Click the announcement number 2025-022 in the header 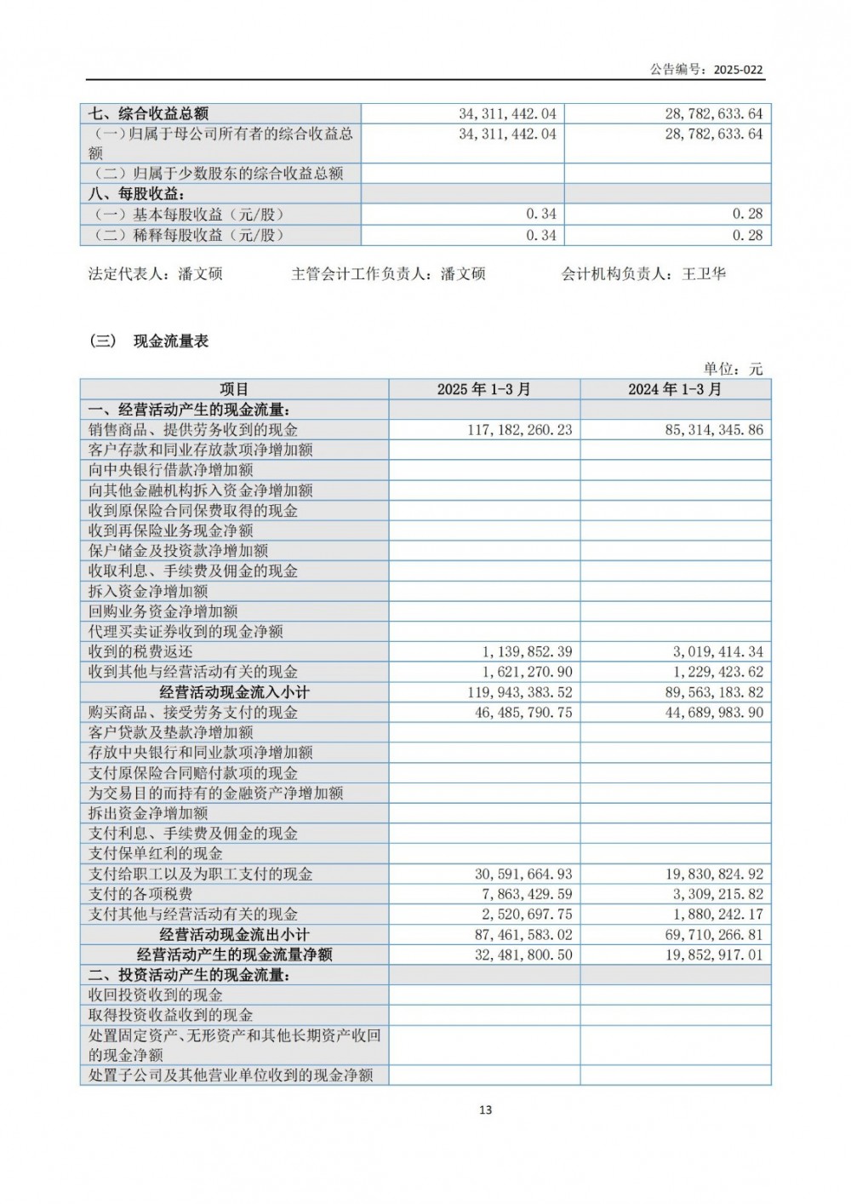pyautogui.click(x=738, y=70)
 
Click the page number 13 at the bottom pyautogui.click(x=486, y=1109)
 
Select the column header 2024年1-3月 pyautogui.click(x=675, y=389)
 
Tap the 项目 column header pyautogui.click(x=234, y=389)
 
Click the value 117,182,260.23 pyautogui.click(x=519, y=430)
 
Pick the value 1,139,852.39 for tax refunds pyautogui.click(x=527, y=651)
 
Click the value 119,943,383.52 pyautogui.click(x=519, y=692)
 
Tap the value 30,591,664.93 pyautogui.click(x=523, y=874)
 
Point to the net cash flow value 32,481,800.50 pyautogui.click(x=523, y=955)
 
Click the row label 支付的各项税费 pyautogui.click(x=140, y=894)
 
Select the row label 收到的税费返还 pyautogui.click(x=140, y=651)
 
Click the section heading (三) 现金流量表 pyautogui.click(x=149, y=341)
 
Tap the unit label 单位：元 pyautogui.click(x=733, y=369)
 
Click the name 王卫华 pyautogui.click(x=704, y=274)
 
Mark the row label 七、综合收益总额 pyautogui.click(x=149, y=113)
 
